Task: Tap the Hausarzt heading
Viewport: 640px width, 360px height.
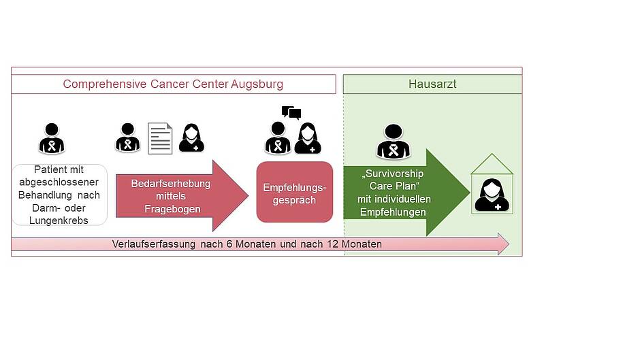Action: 432,84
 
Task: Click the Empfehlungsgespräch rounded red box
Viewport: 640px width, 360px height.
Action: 294,192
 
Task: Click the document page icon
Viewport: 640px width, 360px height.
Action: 160,138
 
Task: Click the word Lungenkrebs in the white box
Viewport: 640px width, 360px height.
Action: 59,220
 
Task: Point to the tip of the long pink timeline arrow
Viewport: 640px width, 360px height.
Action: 507,244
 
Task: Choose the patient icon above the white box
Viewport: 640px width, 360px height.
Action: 52,138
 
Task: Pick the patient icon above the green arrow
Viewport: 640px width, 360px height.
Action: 394,142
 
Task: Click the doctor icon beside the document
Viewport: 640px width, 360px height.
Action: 191,138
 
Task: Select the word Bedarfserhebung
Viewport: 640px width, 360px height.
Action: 171,184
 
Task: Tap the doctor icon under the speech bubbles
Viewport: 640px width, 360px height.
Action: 308,138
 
